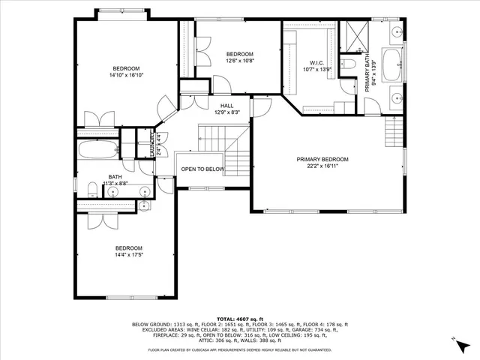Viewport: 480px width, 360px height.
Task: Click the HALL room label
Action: (226, 106)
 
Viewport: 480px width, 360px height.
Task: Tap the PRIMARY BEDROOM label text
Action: (322, 159)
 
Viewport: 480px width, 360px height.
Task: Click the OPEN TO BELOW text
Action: (202, 169)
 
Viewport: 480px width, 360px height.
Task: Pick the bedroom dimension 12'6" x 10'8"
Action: (240, 61)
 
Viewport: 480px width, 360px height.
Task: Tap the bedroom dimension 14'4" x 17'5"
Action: (128, 255)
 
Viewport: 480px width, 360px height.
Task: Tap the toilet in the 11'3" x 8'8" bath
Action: (89, 189)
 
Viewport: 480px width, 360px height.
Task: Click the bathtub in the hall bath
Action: (97, 148)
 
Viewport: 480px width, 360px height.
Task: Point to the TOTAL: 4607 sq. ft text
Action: (239, 319)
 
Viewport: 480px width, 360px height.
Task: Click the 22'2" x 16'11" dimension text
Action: (322, 166)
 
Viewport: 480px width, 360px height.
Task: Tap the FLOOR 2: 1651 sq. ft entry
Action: (217, 324)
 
